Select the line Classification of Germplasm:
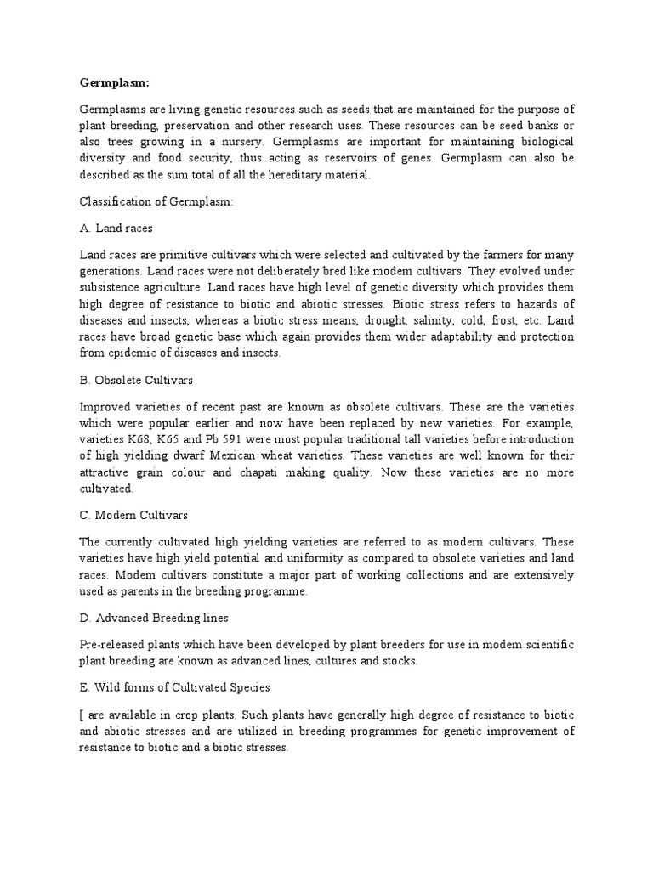tap(150, 201)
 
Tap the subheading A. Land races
tap(116, 228)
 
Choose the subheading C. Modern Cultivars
tap(133, 515)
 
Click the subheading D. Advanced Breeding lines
tap(154, 617)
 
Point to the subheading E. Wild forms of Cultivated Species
tap(185, 687)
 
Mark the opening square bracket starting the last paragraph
tap(82, 715)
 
